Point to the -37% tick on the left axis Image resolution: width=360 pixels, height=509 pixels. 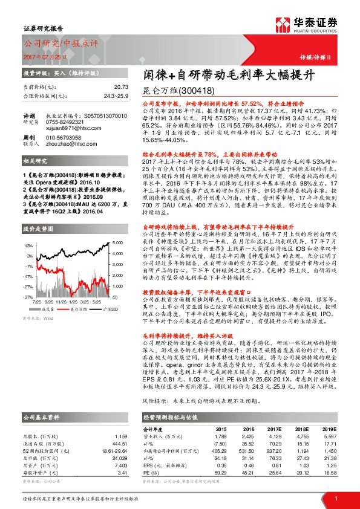pos(28,297)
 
